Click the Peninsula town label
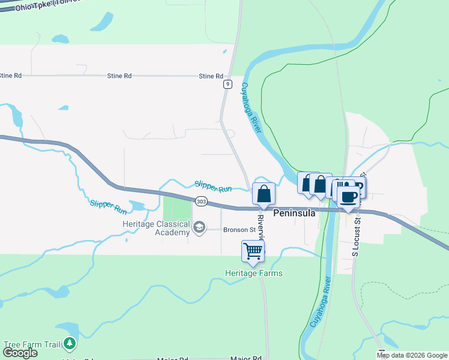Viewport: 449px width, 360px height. click(295, 213)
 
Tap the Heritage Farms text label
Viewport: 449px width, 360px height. click(253, 273)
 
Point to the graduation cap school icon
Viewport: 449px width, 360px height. click(199, 227)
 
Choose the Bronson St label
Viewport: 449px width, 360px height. click(240, 229)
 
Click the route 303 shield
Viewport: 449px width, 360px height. click(201, 202)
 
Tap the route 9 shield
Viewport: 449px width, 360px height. click(228, 85)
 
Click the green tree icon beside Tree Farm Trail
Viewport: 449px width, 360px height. click(71, 343)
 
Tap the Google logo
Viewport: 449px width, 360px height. click(20, 352)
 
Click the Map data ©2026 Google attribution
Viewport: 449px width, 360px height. click(412, 356)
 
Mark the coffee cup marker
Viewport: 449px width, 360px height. click(348, 197)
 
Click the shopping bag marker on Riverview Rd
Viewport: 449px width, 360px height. click(264, 194)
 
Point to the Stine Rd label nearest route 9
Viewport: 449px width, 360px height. click(211, 76)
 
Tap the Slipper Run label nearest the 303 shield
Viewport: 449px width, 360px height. click(213, 187)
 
